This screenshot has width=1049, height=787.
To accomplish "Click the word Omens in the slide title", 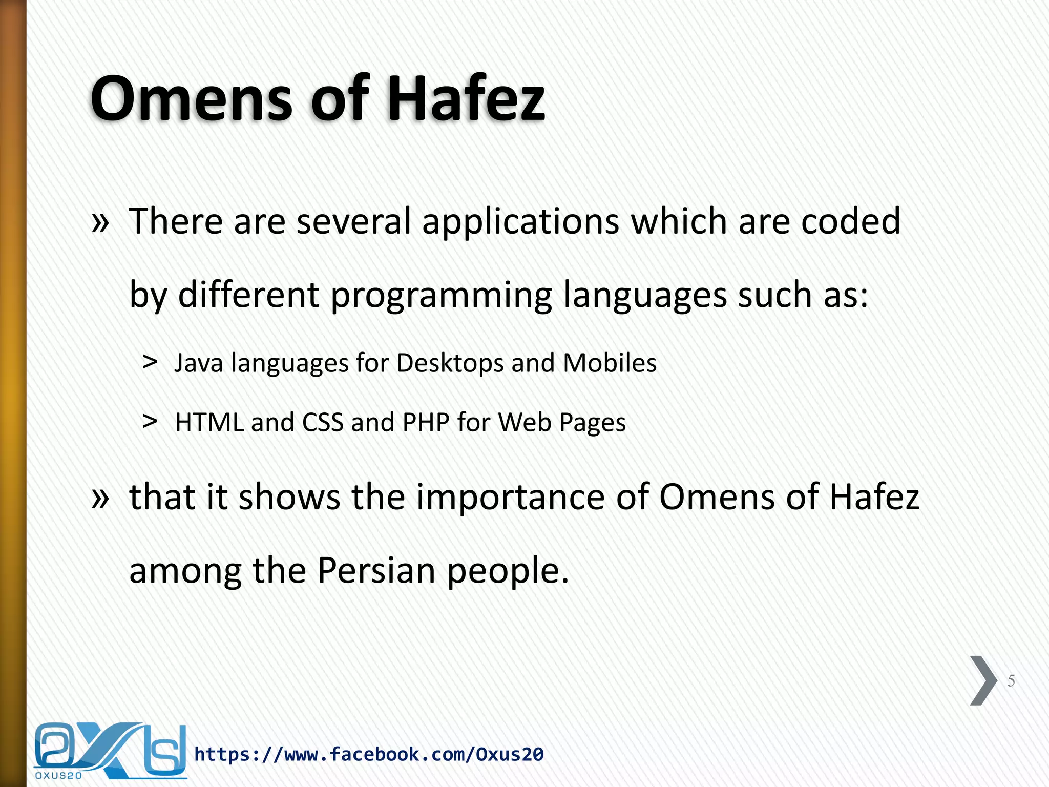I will point(192,98).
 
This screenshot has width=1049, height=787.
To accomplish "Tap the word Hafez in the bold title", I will point(466,98).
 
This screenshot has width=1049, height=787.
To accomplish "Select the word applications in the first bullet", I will point(520,222).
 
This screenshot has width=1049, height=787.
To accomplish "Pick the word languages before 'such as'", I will point(645,296).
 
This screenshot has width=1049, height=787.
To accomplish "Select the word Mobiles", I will point(610,363).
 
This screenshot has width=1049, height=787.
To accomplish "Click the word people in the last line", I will point(507,571).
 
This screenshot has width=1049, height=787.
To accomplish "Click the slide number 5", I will point(1011,681).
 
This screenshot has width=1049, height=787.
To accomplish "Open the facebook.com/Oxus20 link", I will point(369,754).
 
